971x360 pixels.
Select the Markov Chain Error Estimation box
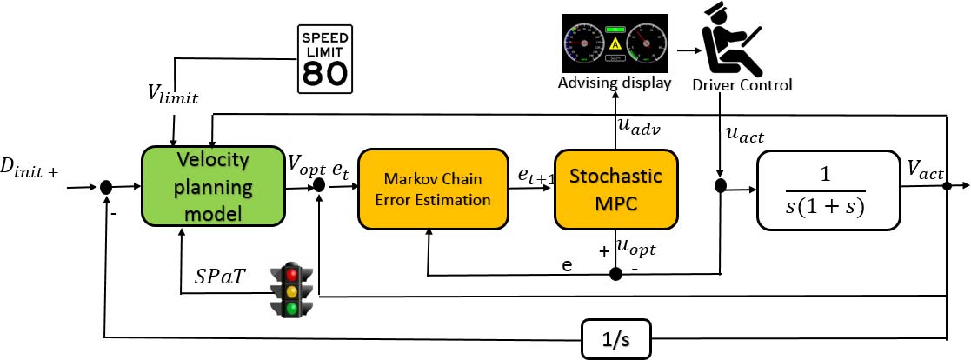(x=432, y=189)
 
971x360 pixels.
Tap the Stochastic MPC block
(x=615, y=188)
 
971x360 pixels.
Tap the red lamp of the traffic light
(x=293, y=274)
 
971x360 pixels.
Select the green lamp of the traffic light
(x=293, y=307)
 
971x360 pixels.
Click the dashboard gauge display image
(x=615, y=43)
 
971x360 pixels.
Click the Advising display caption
(x=615, y=83)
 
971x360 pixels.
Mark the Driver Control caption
(x=742, y=86)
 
